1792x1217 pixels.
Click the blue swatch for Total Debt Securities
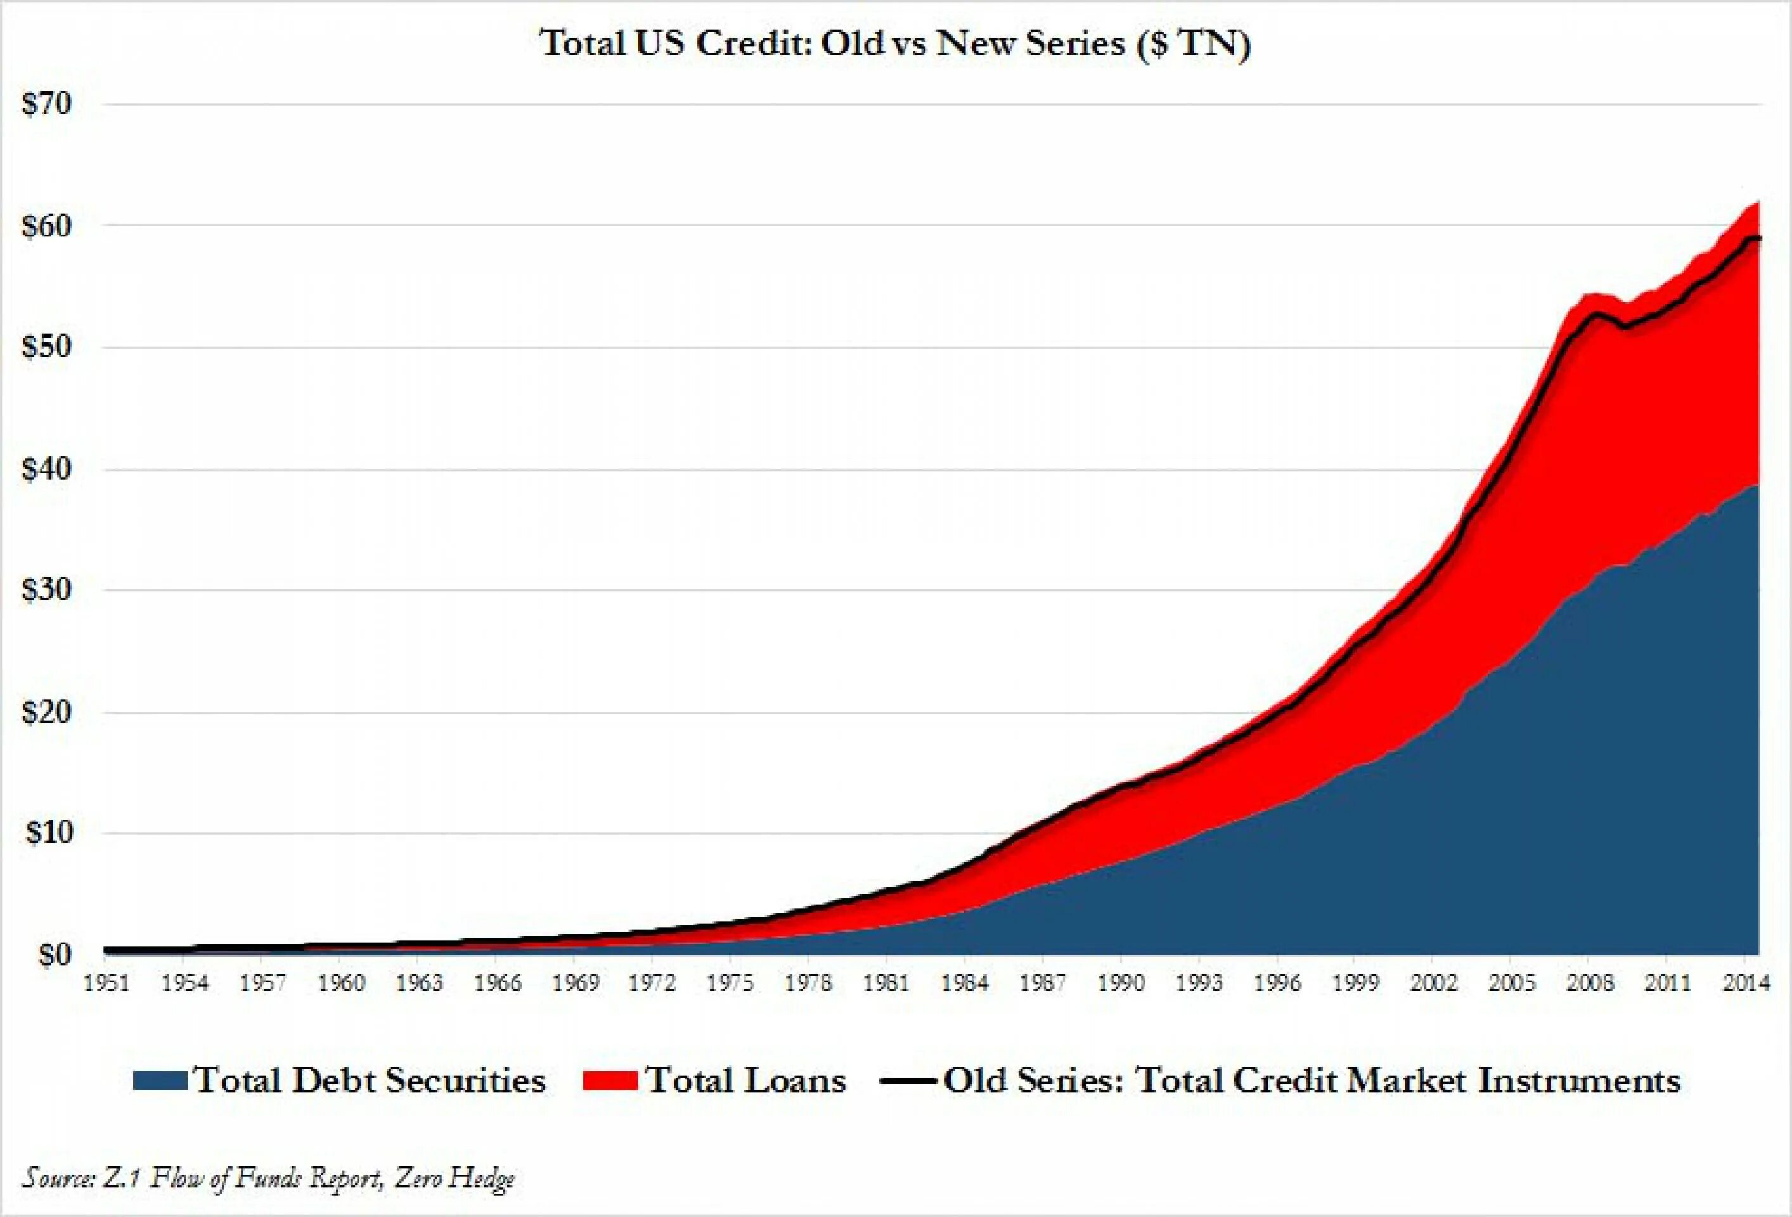(160, 1081)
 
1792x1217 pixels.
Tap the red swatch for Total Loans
(610, 1081)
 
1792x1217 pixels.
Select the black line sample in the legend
(908, 1081)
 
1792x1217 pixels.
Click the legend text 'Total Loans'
(745, 1081)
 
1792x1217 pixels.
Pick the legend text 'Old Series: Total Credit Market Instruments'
(1312, 1081)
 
